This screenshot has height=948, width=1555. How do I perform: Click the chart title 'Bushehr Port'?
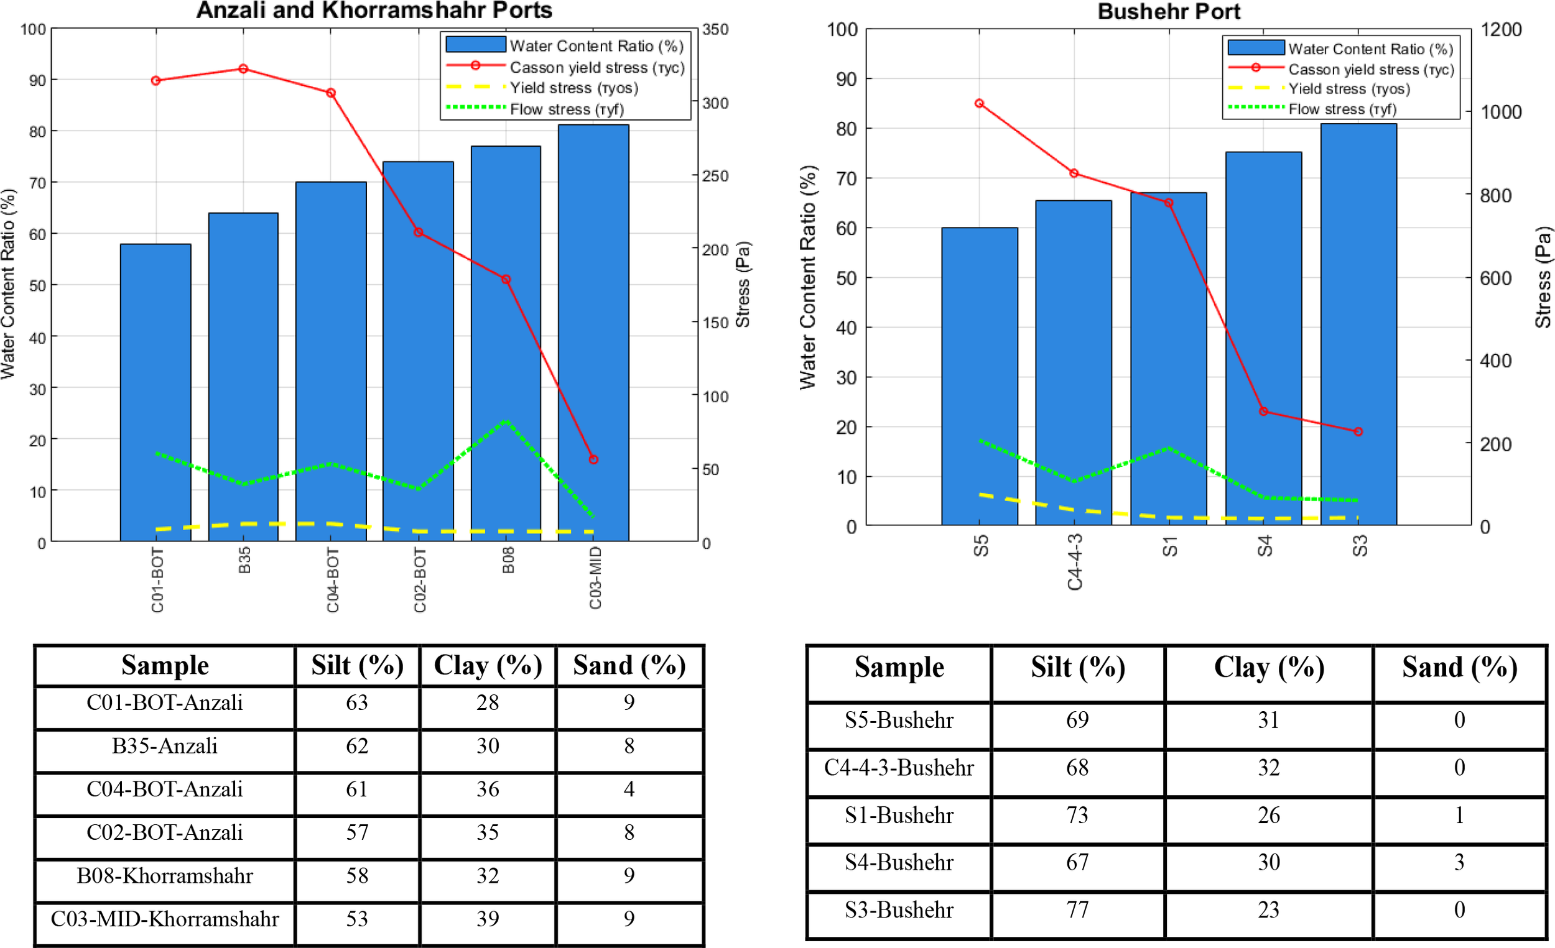pyautogui.click(x=1168, y=11)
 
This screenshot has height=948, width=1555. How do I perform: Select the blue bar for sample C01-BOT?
pyautogui.click(x=155, y=391)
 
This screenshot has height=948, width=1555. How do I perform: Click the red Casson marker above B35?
pyautogui.click(x=243, y=69)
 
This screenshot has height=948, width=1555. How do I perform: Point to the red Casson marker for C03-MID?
pyautogui.click(x=593, y=459)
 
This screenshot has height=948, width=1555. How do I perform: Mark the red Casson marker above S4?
pyautogui.click(x=1263, y=412)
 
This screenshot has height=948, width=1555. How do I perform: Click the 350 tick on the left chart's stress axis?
pyautogui.click(x=716, y=29)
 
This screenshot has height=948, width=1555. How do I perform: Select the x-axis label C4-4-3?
pyautogui.click(x=1075, y=561)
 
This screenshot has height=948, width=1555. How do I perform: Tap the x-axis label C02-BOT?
pyautogui.click(x=420, y=579)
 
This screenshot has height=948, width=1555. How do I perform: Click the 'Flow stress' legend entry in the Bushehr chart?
pyautogui.click(x=1342, y=109)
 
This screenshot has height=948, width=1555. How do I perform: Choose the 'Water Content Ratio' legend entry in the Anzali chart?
pyautogui.click(x=596, y=46)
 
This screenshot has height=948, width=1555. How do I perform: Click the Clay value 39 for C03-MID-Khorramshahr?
pyautogui.click(x=487, y=918)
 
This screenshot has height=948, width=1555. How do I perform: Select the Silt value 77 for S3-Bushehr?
pyautogui.click(x=1077, y=909)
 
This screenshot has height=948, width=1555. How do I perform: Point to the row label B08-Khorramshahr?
pyautogui.click(x=165, y=875)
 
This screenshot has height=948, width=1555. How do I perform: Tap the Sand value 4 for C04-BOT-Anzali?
pyautogui.click(x=629, y=789)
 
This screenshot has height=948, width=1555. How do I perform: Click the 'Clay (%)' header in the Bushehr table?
pyautogui.click(x=1268, y=667)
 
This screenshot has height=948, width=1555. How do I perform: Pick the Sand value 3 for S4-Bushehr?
pyautogui.click(x=1459, y=862)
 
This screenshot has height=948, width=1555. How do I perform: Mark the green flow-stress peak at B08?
pyautogui.click(x=506, y=421)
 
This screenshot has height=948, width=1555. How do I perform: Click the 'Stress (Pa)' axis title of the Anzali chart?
pyautogui.click(x=743, y=284)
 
